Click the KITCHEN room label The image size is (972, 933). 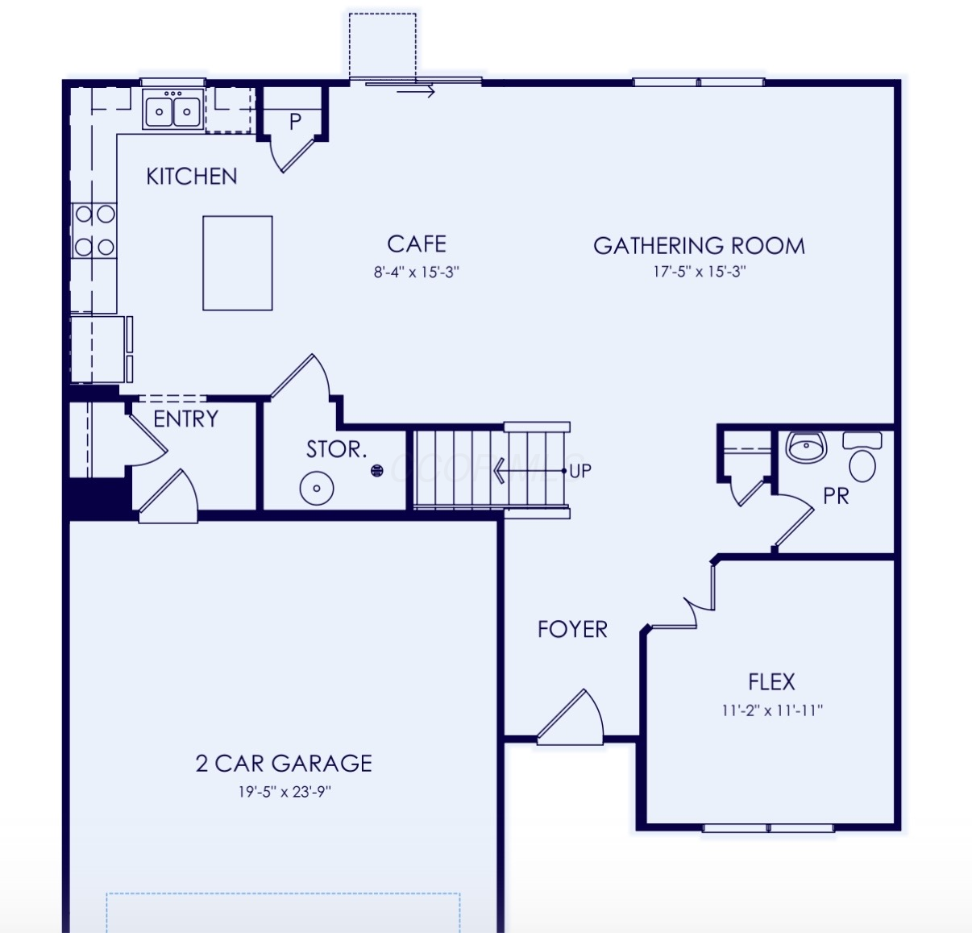192,177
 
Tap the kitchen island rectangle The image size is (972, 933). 238,264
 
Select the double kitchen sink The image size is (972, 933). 172,109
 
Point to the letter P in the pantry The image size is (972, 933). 295,122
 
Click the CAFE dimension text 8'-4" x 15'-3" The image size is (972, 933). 417,273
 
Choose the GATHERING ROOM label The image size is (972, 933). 700,246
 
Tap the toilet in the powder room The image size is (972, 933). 862,456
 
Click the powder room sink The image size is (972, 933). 806,447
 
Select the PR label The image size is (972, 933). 836,496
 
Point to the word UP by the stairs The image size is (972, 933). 580,471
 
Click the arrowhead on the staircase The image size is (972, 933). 498,471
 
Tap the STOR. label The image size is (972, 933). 336,449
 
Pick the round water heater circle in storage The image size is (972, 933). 317,488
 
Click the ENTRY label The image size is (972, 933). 186,419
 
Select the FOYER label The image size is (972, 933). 572,629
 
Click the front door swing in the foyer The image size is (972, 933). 571,717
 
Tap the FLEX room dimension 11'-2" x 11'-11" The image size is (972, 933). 771,710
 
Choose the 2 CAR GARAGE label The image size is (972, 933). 284,764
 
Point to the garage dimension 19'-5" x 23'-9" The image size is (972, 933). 285,792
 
